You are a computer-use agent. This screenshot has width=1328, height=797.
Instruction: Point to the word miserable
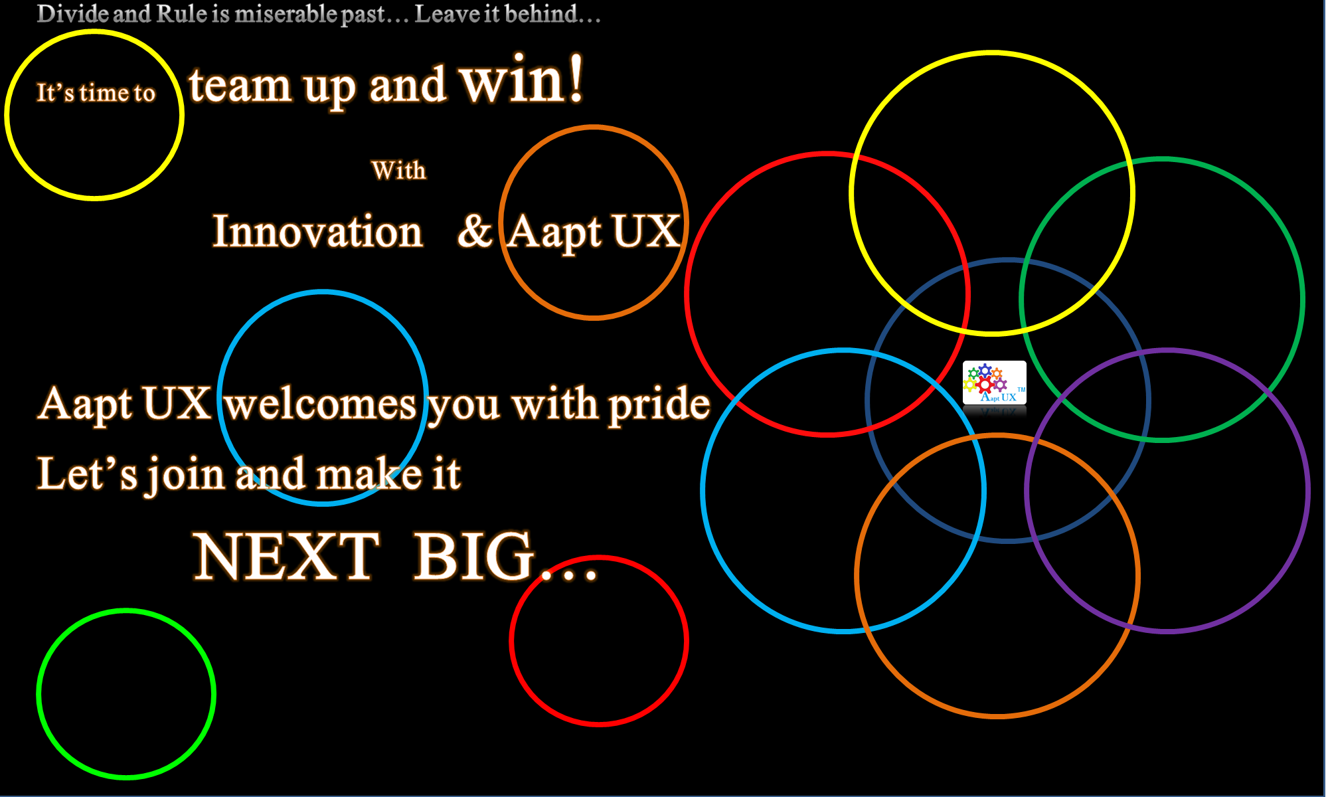coord(286,14)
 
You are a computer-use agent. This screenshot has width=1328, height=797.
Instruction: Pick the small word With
coord(398,171)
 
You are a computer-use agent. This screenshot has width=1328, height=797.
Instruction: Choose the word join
coord(186,475)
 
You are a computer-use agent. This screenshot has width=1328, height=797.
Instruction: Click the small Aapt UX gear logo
coord(994,383)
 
